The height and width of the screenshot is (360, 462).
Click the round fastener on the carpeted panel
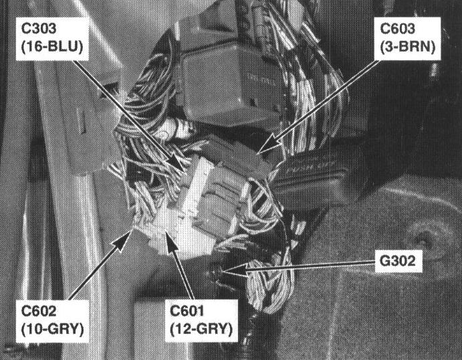pos(422,236)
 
